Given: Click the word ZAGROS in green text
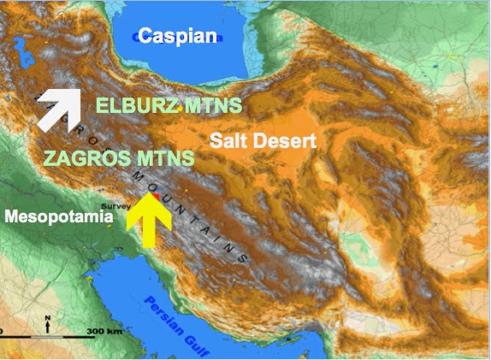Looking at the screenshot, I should pyautogui.click(x=84, y=157).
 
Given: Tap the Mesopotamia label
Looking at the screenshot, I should pyautogui.click(x=58, y=218).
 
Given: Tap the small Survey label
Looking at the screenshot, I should pyautogui.click(x=112, y=206).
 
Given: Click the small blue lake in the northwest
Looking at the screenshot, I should pyautogui.click(x=23, y=59).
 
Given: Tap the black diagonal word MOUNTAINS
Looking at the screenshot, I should pyautogui.click(x=188, y=210).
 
